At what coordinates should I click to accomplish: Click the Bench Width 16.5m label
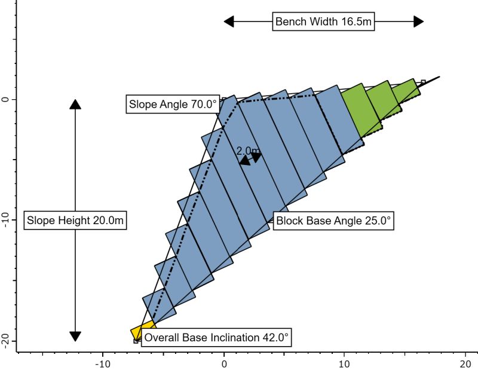click(324, 22)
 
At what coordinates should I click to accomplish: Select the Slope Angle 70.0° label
click(172, 104)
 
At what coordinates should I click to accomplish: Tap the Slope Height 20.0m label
click(75, 220)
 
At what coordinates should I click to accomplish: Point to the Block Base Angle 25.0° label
click(333, 221)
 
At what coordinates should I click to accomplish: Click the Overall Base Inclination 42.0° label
click(216, 338)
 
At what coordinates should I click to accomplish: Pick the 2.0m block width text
click(247, 150)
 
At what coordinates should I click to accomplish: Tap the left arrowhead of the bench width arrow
click(229, 22)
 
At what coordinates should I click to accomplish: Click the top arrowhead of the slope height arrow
click(75, 103)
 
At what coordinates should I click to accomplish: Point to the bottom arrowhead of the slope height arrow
click(75, 336)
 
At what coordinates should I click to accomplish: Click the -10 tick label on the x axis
click(103, 363)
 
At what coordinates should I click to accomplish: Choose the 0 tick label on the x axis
click(224, 363)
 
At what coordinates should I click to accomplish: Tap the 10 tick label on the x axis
click(345, 363)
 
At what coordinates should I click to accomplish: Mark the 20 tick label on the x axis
click(465, 363)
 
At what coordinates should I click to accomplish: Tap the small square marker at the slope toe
click(136, 341)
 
